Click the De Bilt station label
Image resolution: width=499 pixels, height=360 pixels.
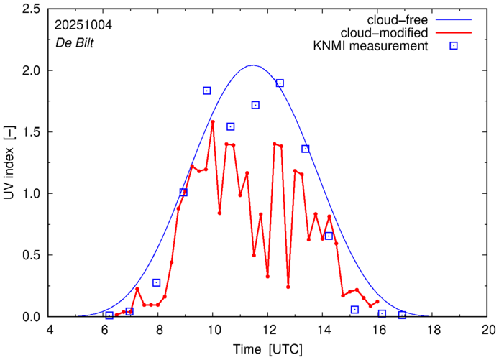(x=75, y=42)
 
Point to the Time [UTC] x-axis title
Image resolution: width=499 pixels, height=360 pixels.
(x=267, y=349)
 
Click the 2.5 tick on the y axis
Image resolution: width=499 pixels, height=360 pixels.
(x=32, y=9)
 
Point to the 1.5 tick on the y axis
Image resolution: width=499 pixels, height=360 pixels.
(x=32, y=132)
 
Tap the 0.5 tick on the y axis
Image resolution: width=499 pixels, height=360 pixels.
(x=32, y=255)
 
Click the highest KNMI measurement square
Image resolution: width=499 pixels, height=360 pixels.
(x=280, y=83)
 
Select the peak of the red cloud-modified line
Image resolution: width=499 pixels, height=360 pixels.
(x=213, y=122)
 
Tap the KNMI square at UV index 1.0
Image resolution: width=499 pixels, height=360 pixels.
(x=183, y=193)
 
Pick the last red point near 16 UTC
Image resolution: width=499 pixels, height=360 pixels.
(x=377, y=302)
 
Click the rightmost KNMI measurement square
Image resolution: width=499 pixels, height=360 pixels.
(x=403, y=315)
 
